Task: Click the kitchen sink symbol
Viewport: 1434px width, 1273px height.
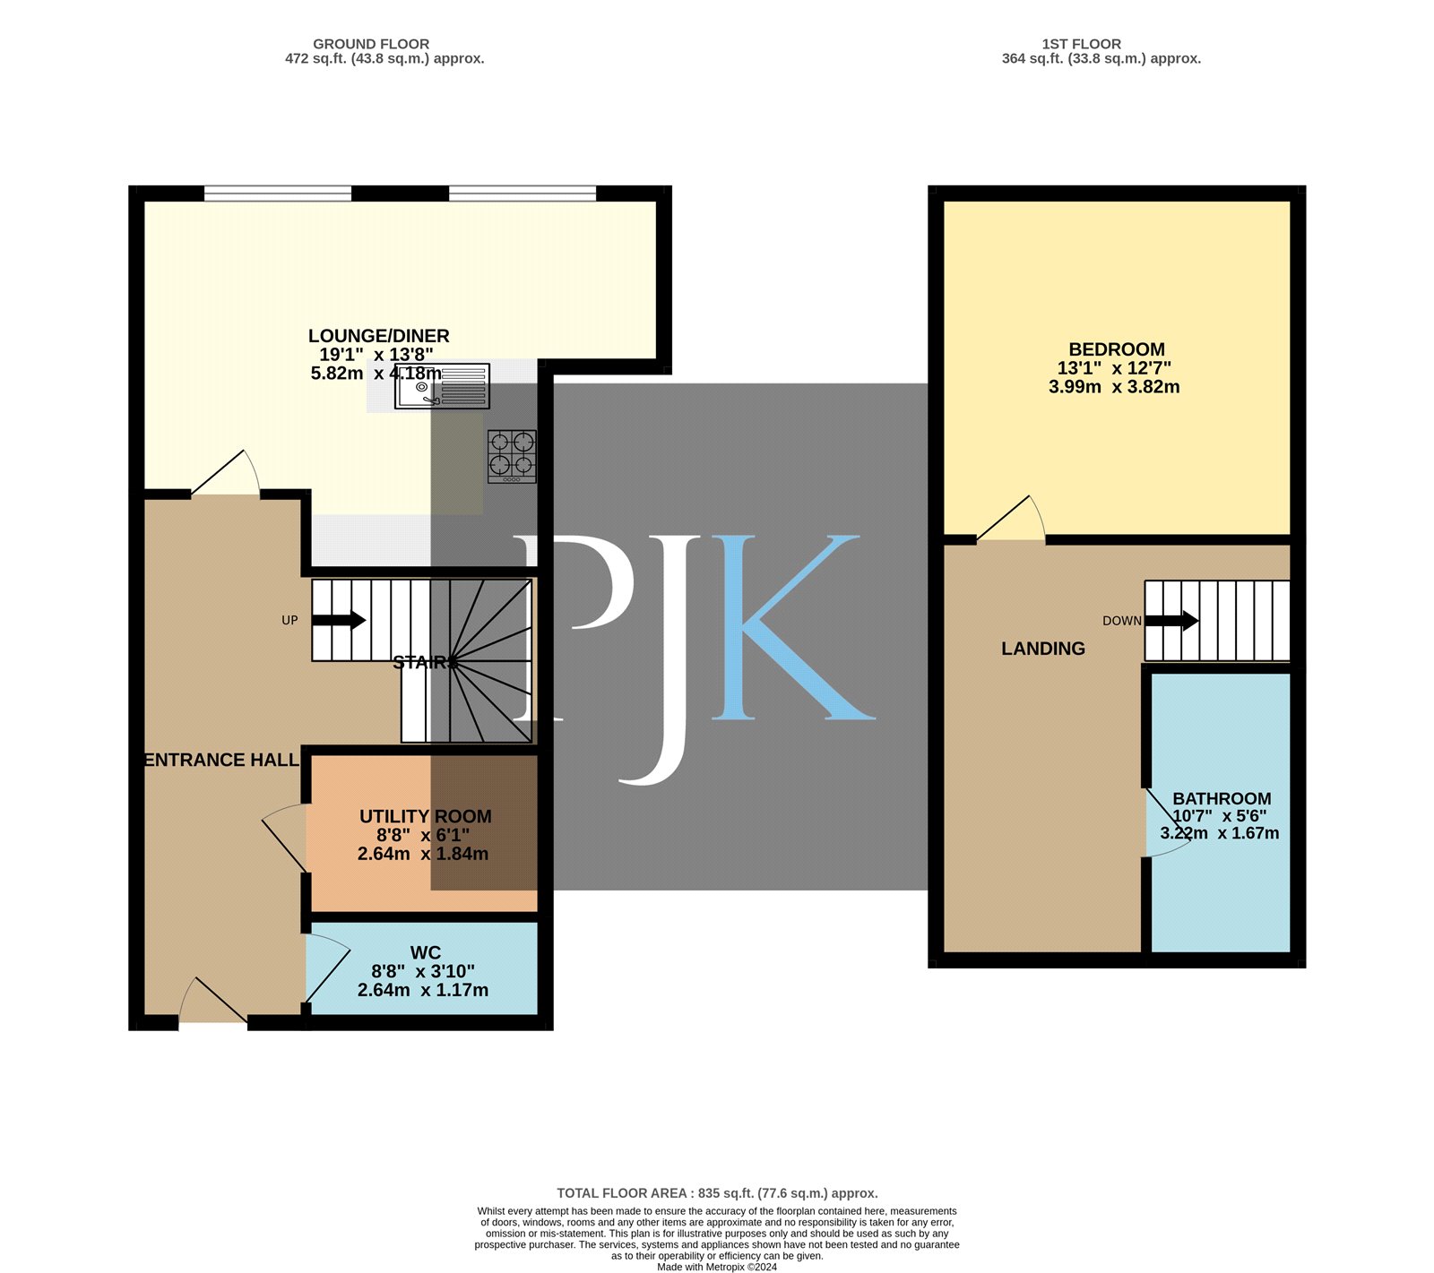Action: (x=442, y=386)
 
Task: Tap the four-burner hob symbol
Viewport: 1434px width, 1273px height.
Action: (x=512, y=457)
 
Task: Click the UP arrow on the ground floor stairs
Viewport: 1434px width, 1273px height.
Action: (x=339, y=620)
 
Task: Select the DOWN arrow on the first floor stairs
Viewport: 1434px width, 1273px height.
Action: (x=1172, y=621)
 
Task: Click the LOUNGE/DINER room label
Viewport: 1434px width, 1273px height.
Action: (x=379, y=336)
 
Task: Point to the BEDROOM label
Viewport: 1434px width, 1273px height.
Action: (x=1117, y=349)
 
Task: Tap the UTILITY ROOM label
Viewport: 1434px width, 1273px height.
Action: (x=426, y=816)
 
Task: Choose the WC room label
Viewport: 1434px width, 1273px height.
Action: (x=426, y=952)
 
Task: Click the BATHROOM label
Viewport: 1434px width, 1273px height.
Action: (x=1222, y=798)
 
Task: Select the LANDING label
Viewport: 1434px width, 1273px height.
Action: (x=1043, y=649)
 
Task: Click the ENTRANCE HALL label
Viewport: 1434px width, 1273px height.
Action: (x=221, y=760)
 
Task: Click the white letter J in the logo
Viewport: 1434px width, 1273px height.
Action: (x=659, y=659)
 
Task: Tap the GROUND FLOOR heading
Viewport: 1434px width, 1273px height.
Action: (x=371, y=44)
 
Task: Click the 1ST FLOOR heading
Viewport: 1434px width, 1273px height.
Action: (x=1081, y=44)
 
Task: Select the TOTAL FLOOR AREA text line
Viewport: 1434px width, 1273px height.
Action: (x=717, y=1193)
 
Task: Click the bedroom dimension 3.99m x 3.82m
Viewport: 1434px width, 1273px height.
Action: (x=1114, y=387)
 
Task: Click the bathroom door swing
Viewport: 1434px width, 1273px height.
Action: (x=1169, y=822)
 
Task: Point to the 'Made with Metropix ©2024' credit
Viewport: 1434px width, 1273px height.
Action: (x=717, y=1268)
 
